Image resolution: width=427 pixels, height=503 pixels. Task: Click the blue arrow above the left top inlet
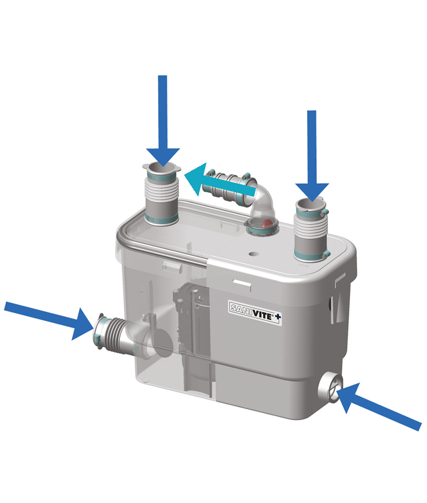pos(163,121)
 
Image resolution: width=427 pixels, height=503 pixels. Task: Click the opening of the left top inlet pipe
pos(162,168)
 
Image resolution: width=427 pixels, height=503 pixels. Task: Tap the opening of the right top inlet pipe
pos(310,205)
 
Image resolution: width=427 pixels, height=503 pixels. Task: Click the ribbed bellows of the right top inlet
pos(310,227)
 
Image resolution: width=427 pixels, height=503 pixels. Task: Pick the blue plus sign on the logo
pos(278,317)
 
